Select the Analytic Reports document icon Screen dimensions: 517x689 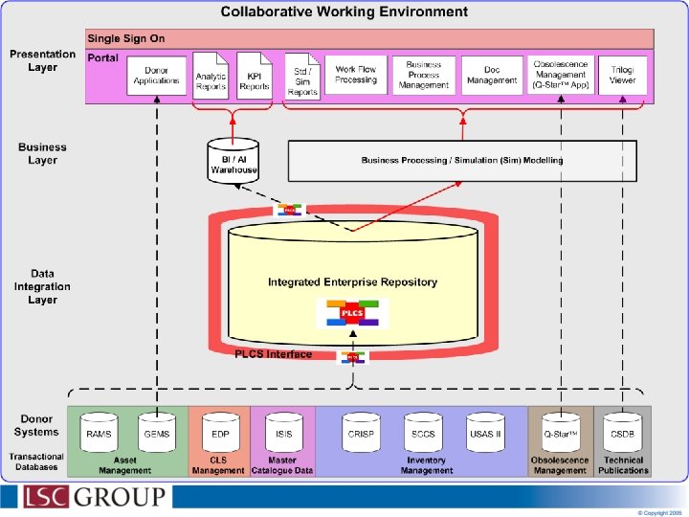click(x=211, y=76)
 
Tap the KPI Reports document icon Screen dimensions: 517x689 click(x=255, y=76)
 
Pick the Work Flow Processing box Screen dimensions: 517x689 click(x=356, y=75)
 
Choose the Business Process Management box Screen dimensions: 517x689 click(x=423, y=75)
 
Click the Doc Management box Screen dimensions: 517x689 click(x=492, y=75)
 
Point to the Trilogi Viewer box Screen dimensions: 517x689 click(x=622, y=75)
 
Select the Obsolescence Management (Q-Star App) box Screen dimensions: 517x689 click(x=561, y=75)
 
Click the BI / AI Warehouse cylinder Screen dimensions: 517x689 click(x=233, y=159)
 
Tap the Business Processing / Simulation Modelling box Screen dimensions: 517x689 click(x=462, y=160)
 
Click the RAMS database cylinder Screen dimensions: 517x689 click(x=99, y=432)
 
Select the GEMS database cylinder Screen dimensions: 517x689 click(x=157, y=432)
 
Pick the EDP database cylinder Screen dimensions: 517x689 click(x=219, y=432)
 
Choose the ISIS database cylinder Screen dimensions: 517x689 click(x=283, y=432)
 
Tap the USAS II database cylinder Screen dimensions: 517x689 click(x=485, y=432)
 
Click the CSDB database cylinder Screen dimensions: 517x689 click(x=622, y=432)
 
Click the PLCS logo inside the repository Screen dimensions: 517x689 click(x=352, y=313)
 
